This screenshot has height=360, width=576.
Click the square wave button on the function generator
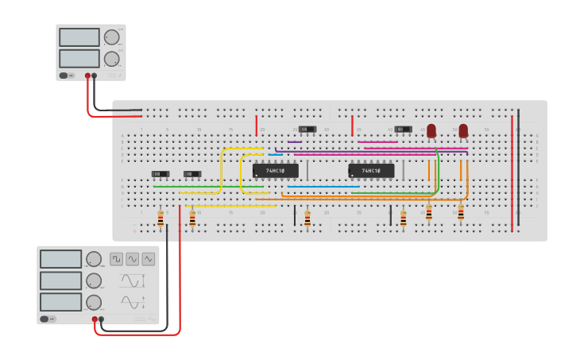[116, 259]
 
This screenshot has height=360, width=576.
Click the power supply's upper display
[79, 37]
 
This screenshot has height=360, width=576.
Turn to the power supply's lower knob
[112, 59]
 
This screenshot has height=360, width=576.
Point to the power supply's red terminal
[87, 76]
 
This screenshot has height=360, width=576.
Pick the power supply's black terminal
[95, 76]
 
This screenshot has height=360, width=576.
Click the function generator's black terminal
[101, 319]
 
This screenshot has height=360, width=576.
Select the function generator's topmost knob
[94, 259]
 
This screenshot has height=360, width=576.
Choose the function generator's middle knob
[94, 281]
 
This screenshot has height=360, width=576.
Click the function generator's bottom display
[61, 302]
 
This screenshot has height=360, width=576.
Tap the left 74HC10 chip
[276, 171]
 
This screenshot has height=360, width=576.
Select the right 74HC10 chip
[371, 171]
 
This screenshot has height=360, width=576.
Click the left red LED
[431, 130]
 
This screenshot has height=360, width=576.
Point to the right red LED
[463, 130]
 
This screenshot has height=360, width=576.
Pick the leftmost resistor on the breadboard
[160, 219]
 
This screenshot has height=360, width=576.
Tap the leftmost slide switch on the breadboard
[160, 174]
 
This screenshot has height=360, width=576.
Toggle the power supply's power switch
[64, 76]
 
